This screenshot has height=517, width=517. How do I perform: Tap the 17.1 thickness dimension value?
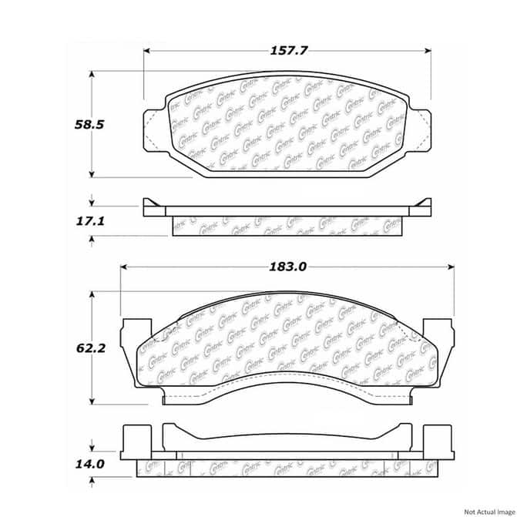[69, 221]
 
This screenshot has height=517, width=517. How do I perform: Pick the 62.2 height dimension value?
[69, 348]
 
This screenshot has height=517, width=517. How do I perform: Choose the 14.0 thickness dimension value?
[69, 464]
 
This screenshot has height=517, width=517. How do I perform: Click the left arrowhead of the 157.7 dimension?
[146, 51]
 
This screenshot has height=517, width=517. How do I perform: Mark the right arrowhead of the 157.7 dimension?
[428, 51]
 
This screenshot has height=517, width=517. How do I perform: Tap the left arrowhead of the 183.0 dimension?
[123, 267]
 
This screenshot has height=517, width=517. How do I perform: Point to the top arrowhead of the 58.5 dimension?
[92, 75]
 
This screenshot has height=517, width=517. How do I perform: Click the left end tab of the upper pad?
[156, 126]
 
